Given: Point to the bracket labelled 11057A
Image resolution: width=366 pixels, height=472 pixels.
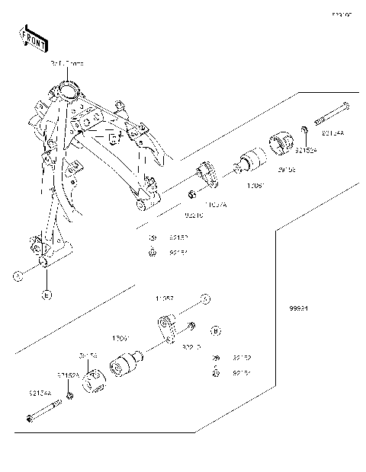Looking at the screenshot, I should [208, 176].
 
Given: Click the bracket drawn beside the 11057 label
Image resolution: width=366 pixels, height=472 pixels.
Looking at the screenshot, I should [172, 327].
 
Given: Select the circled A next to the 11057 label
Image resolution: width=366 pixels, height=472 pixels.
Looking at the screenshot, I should [204, 298].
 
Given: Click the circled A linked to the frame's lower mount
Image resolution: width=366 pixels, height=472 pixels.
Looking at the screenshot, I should [18, 276].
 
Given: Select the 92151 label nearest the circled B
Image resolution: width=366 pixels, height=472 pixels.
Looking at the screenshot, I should [242, 373].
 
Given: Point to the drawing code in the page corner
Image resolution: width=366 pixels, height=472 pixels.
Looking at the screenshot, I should [340, 14].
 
